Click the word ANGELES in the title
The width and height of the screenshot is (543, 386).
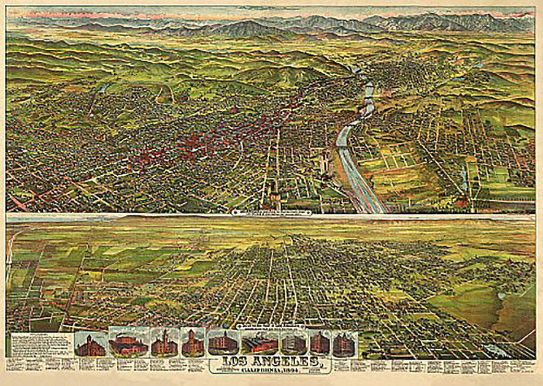(286, 361)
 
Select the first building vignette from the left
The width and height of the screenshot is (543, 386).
(90, 344)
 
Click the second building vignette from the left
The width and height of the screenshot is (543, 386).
(128, 341)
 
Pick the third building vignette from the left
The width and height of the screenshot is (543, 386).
(164, 342)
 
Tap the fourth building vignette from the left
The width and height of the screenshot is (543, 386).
(193, 342)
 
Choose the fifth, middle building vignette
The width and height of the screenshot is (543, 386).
(223, 342)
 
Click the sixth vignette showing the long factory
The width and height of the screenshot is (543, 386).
(260, 342)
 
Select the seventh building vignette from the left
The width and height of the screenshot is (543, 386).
(293, 342)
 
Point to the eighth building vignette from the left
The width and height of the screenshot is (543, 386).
(320, 342)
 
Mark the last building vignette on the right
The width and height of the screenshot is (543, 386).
(344, 344)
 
